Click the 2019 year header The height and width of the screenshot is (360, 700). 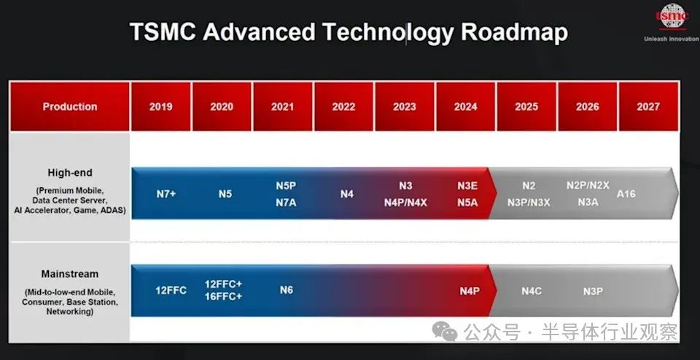160,106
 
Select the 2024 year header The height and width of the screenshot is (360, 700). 465,106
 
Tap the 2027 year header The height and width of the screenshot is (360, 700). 647,106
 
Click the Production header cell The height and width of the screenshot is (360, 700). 70,106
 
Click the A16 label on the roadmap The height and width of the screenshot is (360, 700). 626,194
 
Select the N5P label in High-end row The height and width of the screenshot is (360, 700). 286,186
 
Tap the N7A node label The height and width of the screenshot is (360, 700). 286,202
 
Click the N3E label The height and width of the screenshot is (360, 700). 467,186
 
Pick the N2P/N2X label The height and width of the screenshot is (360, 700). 588,186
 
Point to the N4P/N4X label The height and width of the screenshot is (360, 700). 405,202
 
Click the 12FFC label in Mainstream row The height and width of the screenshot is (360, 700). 171,290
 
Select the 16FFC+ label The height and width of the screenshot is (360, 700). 224,297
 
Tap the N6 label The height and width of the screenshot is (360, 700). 287,290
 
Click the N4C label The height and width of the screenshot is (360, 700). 532,291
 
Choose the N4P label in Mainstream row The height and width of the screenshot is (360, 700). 470,291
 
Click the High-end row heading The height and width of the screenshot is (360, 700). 70,173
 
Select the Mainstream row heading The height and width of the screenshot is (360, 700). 70,274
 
